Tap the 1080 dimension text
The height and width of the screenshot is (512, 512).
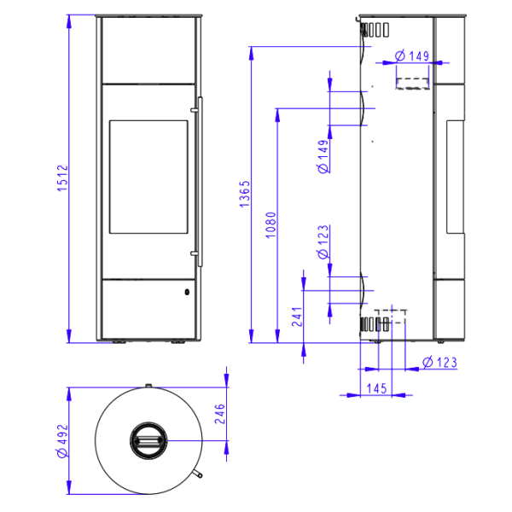tap(271, 225)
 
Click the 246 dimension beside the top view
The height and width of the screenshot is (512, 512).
tap(219, 414)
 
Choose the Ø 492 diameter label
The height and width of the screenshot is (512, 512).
tap(61, 440)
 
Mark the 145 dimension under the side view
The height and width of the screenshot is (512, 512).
tap(376, 388)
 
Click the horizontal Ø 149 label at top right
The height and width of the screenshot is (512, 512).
tap(411, 56)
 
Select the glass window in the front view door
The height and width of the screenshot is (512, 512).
tap(148, 177)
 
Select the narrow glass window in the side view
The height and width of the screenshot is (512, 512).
tap(455, 177)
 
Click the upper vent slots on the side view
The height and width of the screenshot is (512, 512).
tap(371, 31)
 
